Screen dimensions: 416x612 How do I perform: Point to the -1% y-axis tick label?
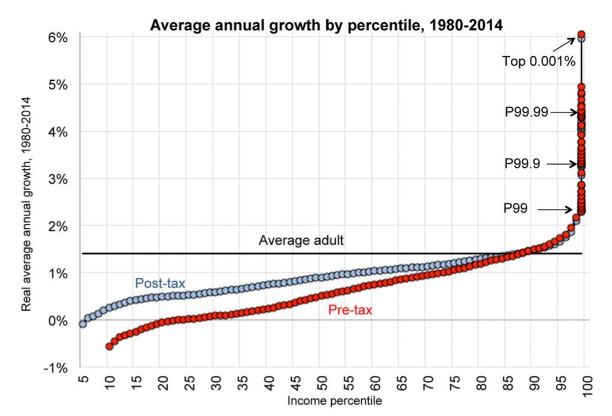point(58,368)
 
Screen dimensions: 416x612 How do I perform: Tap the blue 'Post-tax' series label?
point(160,283)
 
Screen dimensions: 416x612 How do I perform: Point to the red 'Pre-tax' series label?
point(349,309)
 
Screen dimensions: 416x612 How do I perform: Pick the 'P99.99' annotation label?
point(526,112)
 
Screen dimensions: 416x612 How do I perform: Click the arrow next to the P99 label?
point(555,209)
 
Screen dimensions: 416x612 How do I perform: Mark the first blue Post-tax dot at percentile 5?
point(83,323)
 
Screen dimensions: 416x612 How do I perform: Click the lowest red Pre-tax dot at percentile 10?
point(110,346)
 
